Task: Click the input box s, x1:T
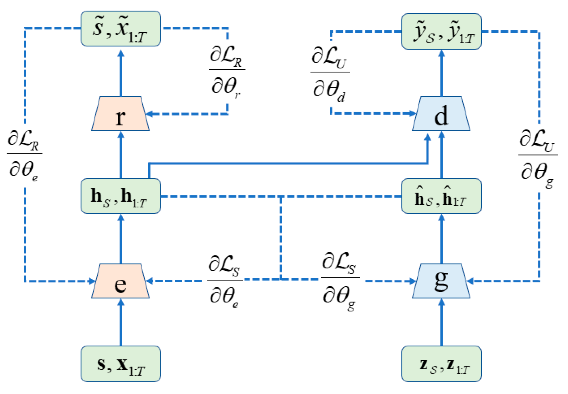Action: tap(121, 364)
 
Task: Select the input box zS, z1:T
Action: tap(441, 364)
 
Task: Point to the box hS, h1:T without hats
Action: tap(121, 196)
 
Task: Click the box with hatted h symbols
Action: tap(441, 196)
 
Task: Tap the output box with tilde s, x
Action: tap(121, 29)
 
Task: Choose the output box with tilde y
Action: tap(441, 31)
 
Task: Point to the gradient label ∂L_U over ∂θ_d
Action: tap(330, 75)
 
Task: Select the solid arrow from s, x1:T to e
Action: tap(121, 322)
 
